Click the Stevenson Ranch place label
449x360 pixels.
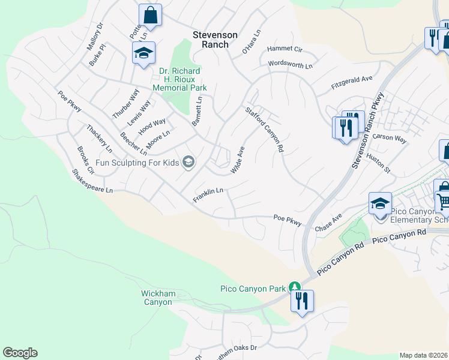[211, 40]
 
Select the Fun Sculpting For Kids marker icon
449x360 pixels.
[188, 162]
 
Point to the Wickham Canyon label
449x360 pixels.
[157, 298]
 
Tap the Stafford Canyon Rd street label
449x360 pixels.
[264, 129]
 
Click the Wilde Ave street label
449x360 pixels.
[238, 160]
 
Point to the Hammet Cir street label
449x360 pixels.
[285, 48]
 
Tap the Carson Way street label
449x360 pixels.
[390, 138]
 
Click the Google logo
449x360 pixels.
[20, 353]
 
